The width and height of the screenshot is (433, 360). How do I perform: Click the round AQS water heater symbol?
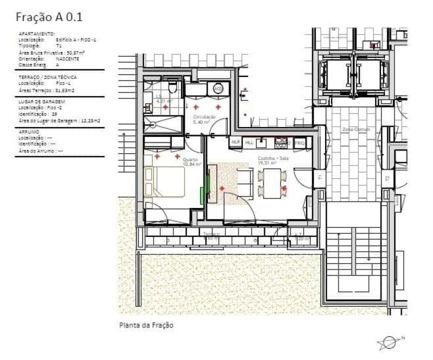(218, 89)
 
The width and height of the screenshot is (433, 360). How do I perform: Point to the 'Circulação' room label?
(204, 116)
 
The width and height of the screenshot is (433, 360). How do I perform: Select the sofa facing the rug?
(244, 183)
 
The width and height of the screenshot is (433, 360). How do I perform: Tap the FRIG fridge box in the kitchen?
(299, 143)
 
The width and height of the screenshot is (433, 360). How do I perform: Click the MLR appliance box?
(235, 143)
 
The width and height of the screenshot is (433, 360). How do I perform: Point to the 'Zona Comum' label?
(355, 129)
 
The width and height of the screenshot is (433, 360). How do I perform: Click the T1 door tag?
(320, 178)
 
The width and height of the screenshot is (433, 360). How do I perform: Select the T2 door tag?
(386, 178)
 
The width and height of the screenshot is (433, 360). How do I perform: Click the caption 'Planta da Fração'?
(146, 325)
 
